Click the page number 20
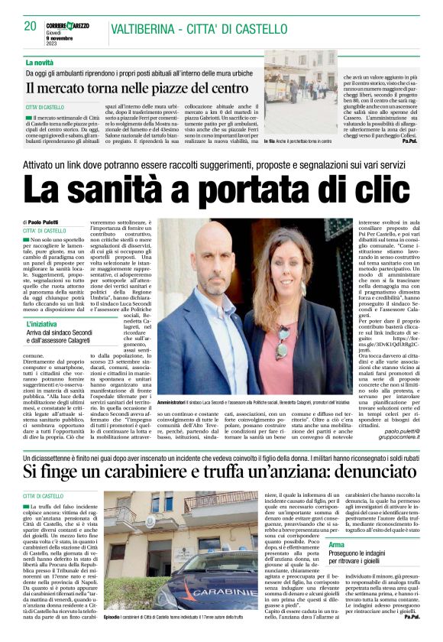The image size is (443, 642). point(31,26)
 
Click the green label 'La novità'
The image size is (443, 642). point(40,62)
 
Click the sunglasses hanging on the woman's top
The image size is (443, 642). point(283,339)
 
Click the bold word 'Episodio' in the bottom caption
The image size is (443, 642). point(113,615)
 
